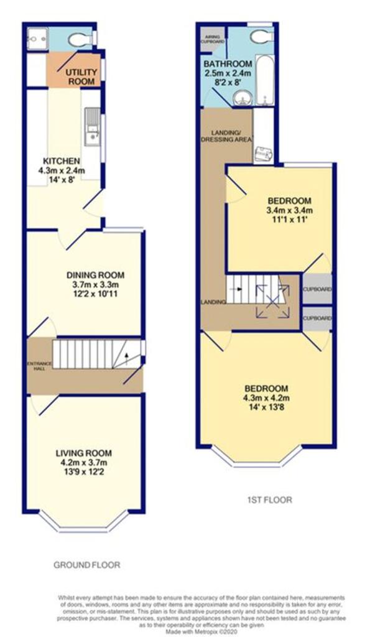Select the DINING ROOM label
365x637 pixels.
(96, 275)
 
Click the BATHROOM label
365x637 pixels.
(228, 64)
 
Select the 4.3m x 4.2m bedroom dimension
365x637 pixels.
(266, 398)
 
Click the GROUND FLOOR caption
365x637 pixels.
(86, 565)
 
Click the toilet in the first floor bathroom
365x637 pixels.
(260, 37)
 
